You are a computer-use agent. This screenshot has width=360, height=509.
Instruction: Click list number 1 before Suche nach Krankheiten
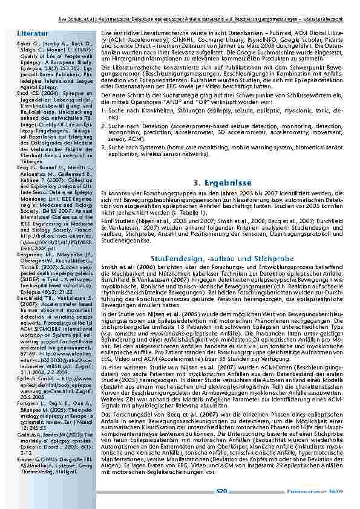(103, 111)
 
